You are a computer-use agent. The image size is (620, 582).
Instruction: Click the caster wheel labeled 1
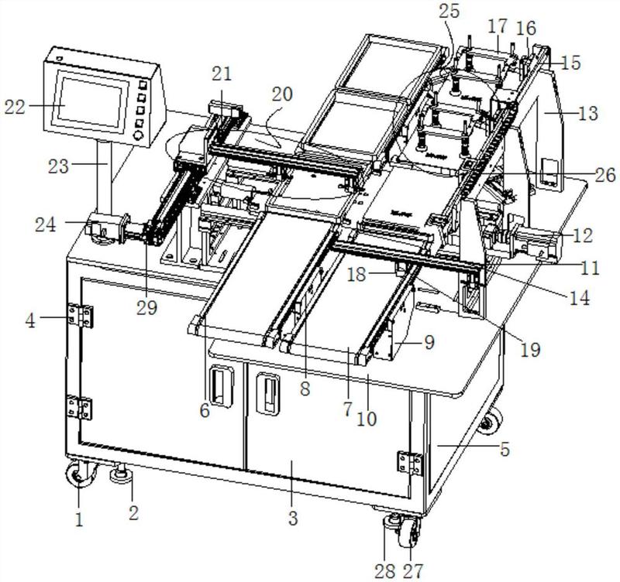click(79, 473)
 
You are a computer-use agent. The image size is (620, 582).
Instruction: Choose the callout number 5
click(505, 450)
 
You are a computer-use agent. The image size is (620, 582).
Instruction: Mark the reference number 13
click(588, 113)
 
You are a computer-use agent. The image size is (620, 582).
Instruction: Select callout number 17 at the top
click(497, 26)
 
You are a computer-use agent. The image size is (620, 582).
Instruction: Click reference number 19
click(529, 350)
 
